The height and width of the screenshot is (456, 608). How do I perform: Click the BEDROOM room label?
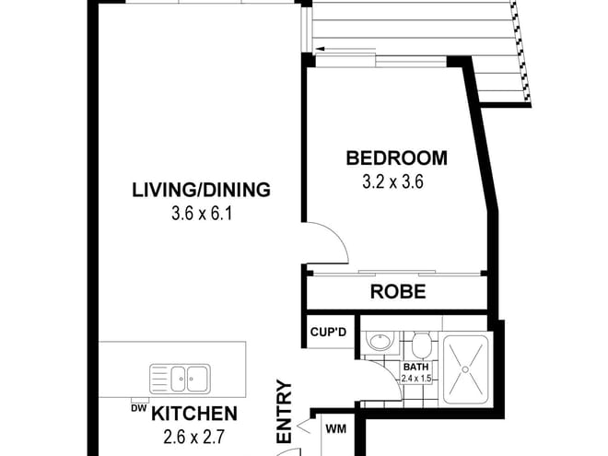(x=396, y=158)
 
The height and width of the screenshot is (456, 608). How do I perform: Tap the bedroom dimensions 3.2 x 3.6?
(x=396, y=181)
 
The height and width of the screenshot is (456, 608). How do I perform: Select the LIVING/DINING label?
(x=201, y=191)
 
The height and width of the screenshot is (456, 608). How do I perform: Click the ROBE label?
(x=398, y=293)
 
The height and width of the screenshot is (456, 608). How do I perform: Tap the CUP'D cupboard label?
(x=327, y=331)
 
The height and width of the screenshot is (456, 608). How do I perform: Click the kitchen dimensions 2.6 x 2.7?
(x=194, y=437)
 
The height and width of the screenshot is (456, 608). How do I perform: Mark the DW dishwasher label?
(x=137, y=408)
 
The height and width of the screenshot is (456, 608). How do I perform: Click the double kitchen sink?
(x=180, y=377)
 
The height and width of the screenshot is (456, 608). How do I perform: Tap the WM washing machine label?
(x=333, y=428)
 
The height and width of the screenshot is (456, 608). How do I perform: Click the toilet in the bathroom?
(x=421, y=346)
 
